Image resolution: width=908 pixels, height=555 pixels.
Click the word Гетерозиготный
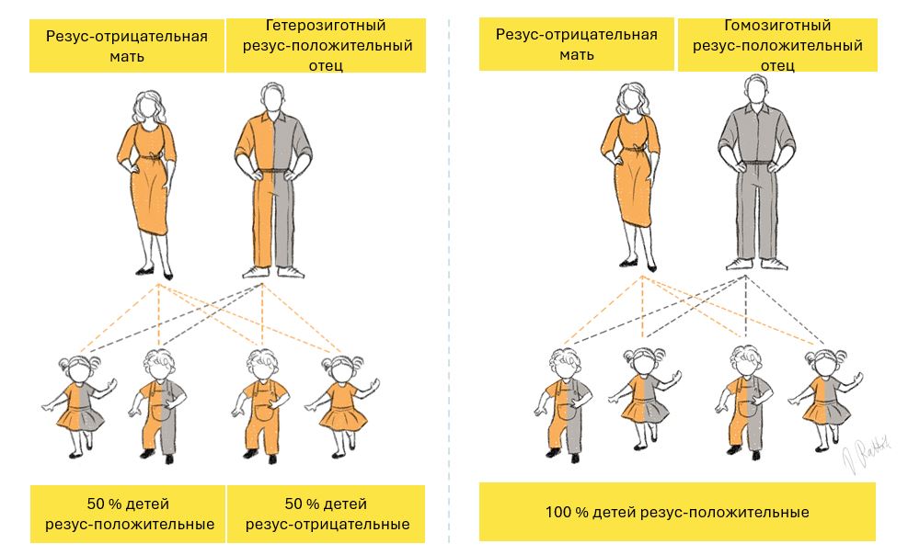326,26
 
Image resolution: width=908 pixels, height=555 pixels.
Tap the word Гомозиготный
777,26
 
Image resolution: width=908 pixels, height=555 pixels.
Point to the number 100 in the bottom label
558,512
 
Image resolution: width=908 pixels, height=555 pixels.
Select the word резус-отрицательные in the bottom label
328,525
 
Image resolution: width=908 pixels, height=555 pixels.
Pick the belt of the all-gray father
755,164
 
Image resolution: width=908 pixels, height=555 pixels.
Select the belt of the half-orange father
272,171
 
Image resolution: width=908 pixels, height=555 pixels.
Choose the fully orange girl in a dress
342,403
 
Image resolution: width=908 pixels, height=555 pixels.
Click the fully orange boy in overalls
259,405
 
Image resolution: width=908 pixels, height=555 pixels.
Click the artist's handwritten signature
866,454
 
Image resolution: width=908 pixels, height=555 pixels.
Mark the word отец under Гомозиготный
777,65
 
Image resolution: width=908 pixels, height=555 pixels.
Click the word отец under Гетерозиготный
326,65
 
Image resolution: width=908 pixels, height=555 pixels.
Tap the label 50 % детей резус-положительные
128,514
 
